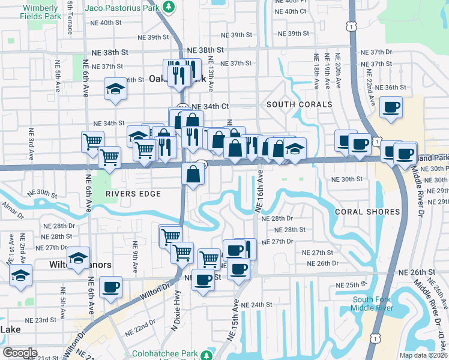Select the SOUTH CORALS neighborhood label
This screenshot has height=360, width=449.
299,104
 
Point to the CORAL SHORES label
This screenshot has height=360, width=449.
367,212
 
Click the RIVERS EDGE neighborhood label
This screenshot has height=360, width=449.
133,194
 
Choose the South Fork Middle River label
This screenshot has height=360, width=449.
372,304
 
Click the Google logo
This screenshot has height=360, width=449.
20,353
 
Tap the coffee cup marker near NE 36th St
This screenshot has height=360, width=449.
391,108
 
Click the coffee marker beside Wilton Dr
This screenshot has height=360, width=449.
110,287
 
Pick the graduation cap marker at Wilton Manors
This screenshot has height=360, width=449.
78,258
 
